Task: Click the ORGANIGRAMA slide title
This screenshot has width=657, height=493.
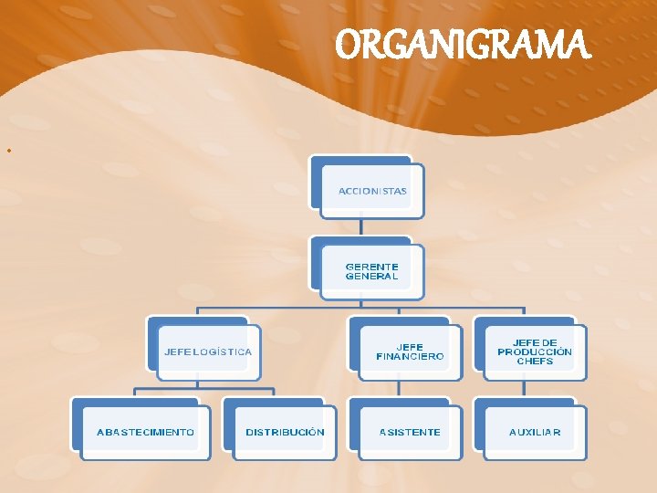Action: pyautogui.click(x=464, y=44)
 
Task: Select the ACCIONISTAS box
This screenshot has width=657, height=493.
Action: pyautogui.click(x=372, y=191)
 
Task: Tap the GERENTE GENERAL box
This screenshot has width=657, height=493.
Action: pyautogui.click(x=372, y=271)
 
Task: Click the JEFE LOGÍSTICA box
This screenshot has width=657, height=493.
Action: pyautogui.click(x=208, y=351)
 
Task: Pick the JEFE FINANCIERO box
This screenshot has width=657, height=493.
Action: pyautogui.click(x=410, y=351)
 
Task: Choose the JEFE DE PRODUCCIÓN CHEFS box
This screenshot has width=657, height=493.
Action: pyautogui.click(x=535, y=351)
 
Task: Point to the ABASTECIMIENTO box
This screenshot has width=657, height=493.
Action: pyautogui.click(x=145, y=432)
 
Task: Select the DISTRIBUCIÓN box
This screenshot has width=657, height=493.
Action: pyautogui.click(x=285, y=432)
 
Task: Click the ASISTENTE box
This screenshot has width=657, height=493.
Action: pyautogui.click(x=410, y=432)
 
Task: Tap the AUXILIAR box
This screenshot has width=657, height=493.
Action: pyautogui.click(x=535, y=432)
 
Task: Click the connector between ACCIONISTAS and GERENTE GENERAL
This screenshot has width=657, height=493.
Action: pyautogui.click(x=361, y=228)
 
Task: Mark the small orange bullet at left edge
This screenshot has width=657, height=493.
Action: pyautogui.click(x=7, y=149)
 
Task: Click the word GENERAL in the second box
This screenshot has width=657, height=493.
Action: pyautogui.click(x=371, y=276)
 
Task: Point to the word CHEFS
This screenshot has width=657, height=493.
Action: pyautogui.click(x=535, y=362)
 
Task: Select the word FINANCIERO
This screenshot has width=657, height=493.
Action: pyautogui.click(x=410, y=356)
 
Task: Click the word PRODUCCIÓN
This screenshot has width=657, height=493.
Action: pyautogui.click(x=535, y=351)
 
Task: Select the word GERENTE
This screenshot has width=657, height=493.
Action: pyautogui.click(x=371, y=267)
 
